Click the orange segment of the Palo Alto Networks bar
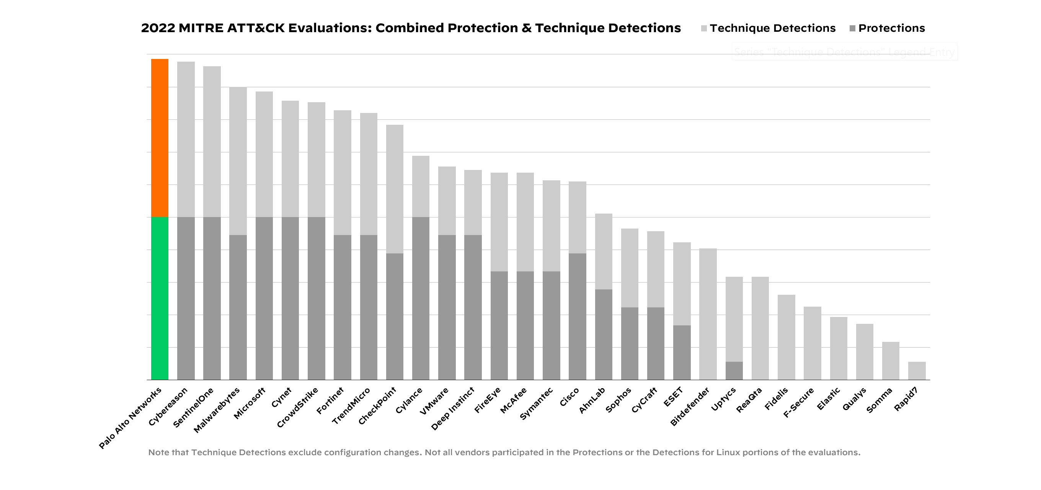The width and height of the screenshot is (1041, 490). coord(160,138)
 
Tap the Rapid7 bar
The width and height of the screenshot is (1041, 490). coord(917,371)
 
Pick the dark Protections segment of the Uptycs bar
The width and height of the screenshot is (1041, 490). coord(734,371)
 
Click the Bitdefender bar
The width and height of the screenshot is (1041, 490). coord(708,314)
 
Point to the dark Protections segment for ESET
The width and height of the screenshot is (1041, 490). coord(682,353)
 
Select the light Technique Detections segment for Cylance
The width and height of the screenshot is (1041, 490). coord(421,186)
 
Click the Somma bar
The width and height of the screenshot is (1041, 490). coord(890,361)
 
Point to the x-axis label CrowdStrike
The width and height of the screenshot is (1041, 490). coord(298,407)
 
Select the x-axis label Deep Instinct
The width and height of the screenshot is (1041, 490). coord(453,408)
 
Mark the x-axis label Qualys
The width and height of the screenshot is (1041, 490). coord(854,399)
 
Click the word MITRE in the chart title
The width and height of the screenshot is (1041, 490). coord(201,28)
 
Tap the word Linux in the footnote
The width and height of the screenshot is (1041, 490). coord(728,452)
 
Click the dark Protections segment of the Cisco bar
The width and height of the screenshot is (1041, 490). coord(577,317)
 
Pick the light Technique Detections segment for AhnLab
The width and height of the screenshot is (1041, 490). coord(603,252)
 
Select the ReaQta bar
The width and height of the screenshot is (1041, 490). coord(760,328)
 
